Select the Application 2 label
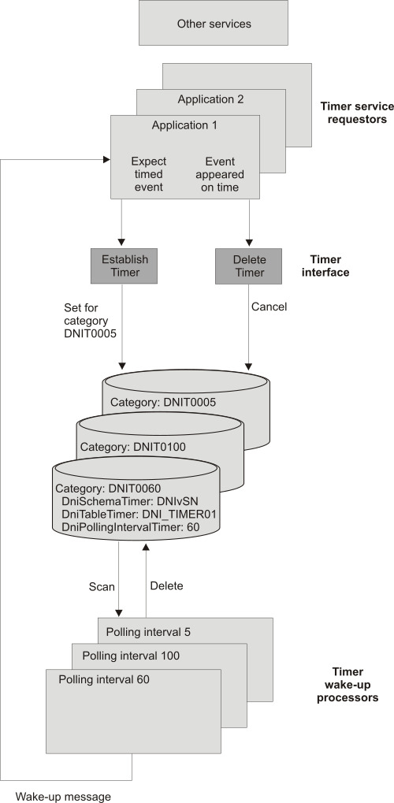pos(210,99)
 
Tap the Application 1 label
pos(184,125)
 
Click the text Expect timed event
pos(148,175)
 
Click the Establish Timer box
pos(125,266)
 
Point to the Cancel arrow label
pos(269,307)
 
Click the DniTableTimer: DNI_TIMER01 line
pos(139,514)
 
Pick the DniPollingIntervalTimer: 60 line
pos(134,526)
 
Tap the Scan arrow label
pos(102,587)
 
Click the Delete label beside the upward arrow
pos(166,586)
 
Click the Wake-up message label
pos(63,796)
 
